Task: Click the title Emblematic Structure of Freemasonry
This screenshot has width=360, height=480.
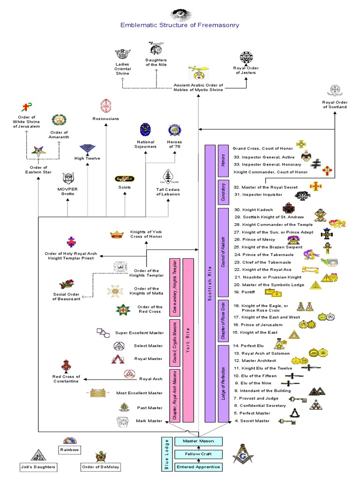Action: coord(180,25)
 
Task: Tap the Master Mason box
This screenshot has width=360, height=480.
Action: coord(198,441)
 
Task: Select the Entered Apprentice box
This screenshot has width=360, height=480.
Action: coord(198,467)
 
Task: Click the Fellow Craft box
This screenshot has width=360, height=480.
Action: coord(198,454)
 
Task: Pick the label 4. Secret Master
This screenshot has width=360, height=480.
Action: coord(252,420)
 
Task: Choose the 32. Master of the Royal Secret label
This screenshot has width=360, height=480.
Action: coord(265,187)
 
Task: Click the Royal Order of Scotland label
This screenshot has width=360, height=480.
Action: coord(335,104)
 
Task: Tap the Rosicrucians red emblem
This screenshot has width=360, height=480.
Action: coord(105,106)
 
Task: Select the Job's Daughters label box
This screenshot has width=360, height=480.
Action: coord(38,467)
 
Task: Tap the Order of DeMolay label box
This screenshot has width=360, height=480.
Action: coord(100,467)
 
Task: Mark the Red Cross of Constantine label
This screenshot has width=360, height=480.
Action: coord(66,379)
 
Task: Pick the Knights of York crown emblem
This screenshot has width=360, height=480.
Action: coord(116,234)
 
